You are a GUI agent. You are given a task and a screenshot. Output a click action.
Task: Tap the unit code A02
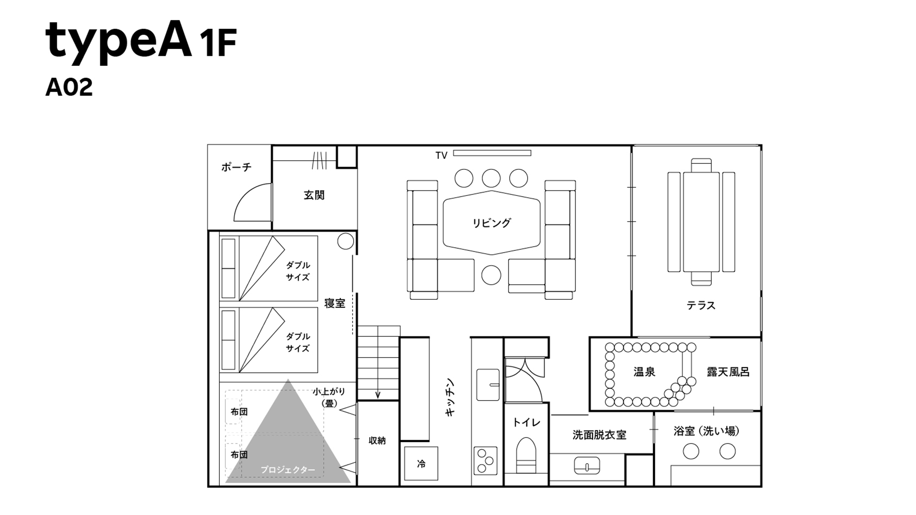pyautogui.click(x=69, y=87)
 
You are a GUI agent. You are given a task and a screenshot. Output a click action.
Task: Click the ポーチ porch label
pyautogui.click(x=236, y=167)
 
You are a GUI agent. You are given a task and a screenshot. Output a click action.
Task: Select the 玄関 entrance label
pyautogui.click(x=314, y=195)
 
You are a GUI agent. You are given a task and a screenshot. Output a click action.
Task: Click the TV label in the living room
pyautogui.click(x=441, y=156)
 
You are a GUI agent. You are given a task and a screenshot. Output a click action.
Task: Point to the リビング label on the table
pyautogui.click(x=491, y=223)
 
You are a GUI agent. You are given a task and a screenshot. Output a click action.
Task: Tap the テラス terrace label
pyautogui.click(x=701, y=305)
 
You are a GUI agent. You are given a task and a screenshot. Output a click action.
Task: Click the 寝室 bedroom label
pyautogui.click(x=335, y=304)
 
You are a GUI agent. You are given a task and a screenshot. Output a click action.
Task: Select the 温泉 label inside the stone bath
pyautogui.click(x=644, y=372)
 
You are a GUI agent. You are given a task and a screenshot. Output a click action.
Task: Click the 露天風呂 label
pyautogui.click(x=728, y=372)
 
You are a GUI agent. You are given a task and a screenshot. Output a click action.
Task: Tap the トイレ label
pyautogui.click(x=526, y=422)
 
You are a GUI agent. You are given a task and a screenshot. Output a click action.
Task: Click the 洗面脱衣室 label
pyautogui.click(x=599, y=434)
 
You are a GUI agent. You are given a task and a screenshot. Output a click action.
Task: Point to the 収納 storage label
pyautogui.click(x=377, y=440)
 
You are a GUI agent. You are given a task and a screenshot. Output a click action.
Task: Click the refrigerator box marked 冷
pyautogui.click(x=421, y=464)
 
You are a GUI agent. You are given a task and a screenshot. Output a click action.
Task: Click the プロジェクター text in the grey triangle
pyautogui.click(x=288, y=470)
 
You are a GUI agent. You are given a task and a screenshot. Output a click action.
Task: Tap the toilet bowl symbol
pyautogui.click(x=526, y=453)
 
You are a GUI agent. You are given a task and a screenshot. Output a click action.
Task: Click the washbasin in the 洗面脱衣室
pyautogui.click(x=587, y=465)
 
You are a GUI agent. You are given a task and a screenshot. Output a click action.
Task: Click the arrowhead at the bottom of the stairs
pyautogui.click(x=378, y=395)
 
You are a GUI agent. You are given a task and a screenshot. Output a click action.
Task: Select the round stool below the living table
pyautogui.click(x=491, y=275)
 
